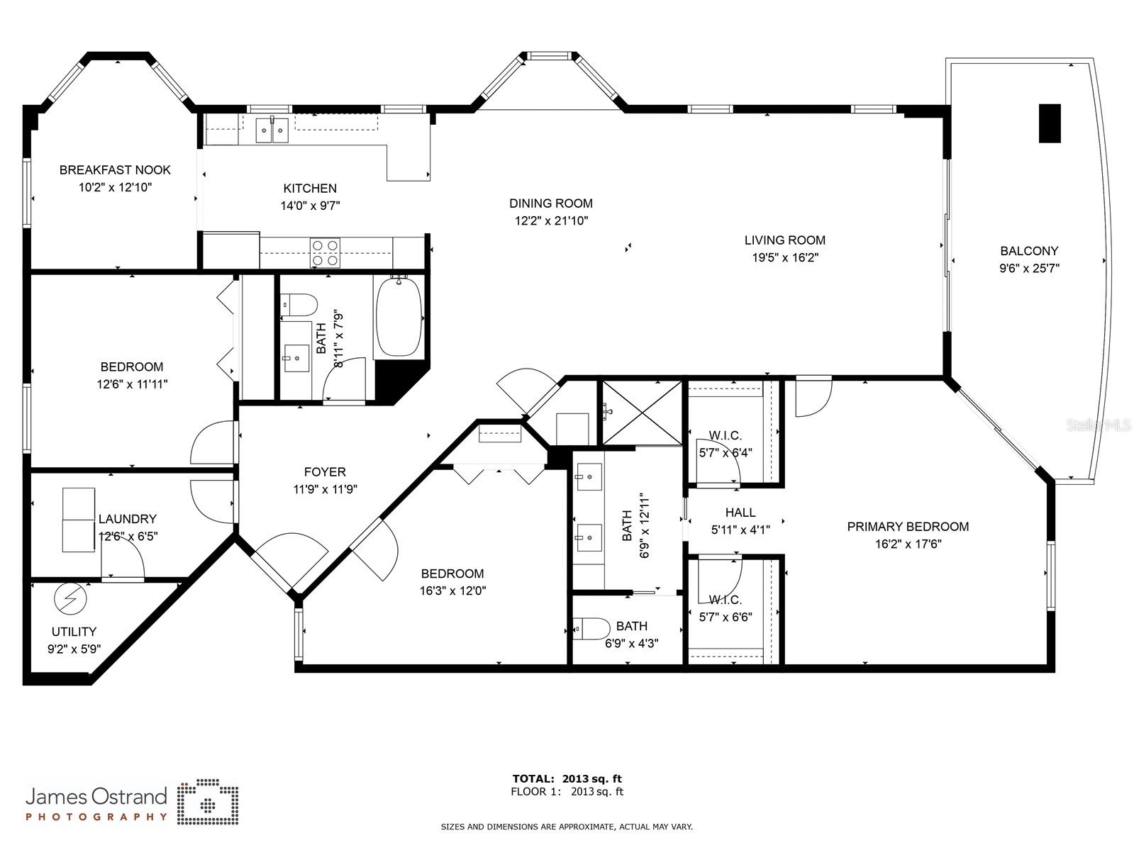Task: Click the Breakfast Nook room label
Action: (115, 169)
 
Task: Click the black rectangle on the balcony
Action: (1050, 123)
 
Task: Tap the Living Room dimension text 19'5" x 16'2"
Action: (785, 258)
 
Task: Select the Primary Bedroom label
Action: (908, 527)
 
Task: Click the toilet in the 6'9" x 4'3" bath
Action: (592, 628)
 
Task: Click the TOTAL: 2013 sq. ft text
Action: (567, 779)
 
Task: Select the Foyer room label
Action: (325, 471)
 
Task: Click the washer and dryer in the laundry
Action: (79, 520)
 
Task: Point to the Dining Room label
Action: (551, 203)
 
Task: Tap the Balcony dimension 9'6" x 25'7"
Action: (1029, 269)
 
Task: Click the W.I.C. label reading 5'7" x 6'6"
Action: (726, 617)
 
